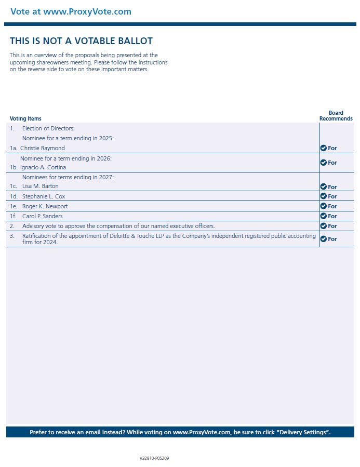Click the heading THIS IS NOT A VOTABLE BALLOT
81,41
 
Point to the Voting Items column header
25,118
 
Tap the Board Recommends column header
336,116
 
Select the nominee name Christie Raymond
43,148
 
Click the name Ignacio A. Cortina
43,167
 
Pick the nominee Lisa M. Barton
41,186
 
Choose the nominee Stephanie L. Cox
44,196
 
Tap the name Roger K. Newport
45,206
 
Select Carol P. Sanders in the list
43,216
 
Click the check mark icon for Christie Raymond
323,148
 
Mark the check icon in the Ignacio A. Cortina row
323,163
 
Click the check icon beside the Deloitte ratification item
323,239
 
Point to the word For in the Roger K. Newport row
332,206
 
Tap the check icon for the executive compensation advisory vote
323,226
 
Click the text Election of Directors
48,128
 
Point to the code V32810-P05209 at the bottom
154,459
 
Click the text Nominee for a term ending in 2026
66,158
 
